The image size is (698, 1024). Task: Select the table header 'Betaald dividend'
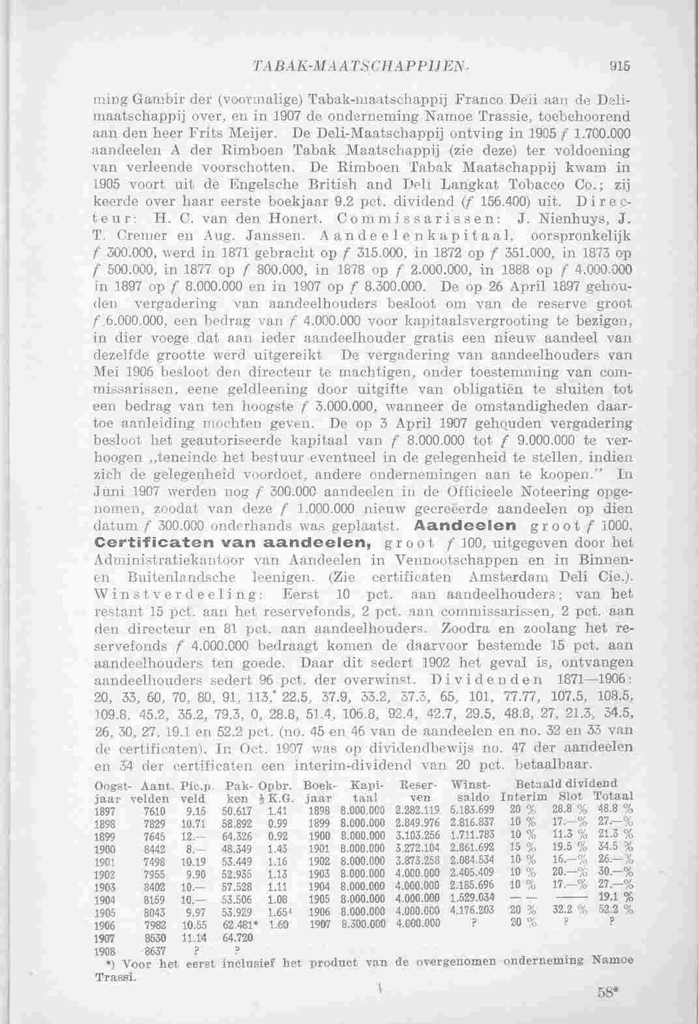tap(566, 783)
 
